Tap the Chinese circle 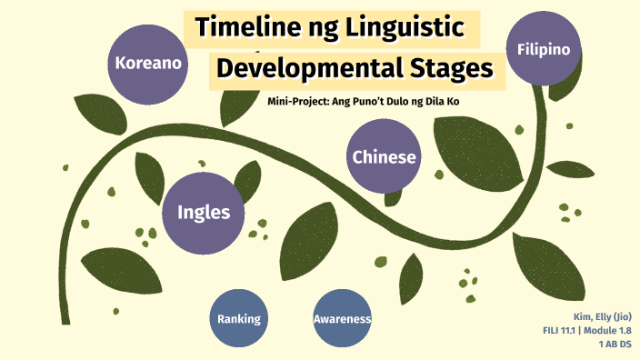(x=385, y=156)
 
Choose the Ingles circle (x=197, y=213)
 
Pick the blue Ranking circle (x=239, y=318)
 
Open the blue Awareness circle (x=343, y=318)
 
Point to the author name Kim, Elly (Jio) (x=602, y=316)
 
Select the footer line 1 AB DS (x=615, y=344)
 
